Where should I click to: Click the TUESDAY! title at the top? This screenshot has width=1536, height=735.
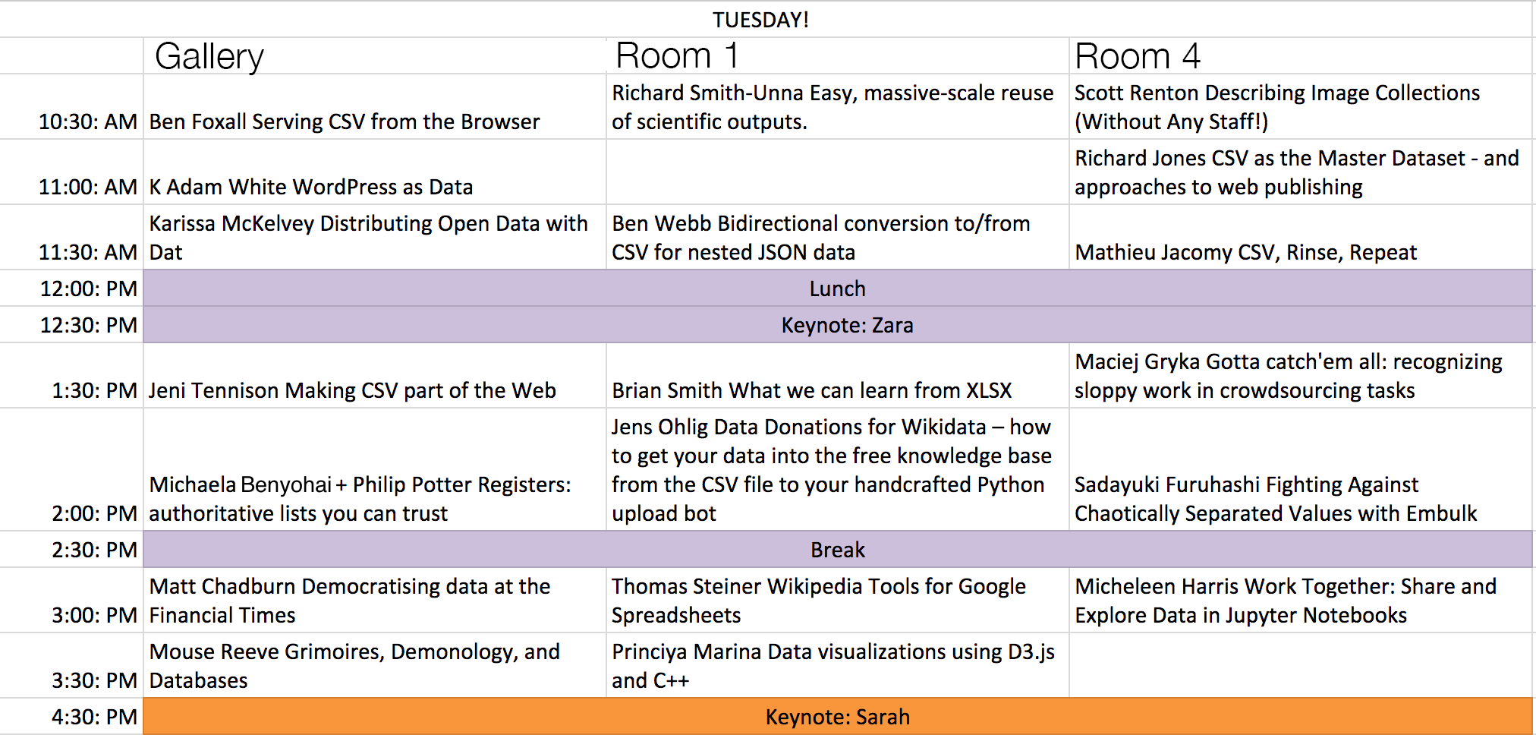pos(760,20)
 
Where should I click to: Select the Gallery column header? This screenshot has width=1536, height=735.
pos(209,57)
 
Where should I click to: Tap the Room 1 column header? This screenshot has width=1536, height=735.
pos(676,55)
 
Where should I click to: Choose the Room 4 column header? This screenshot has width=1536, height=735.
pos(1138,56)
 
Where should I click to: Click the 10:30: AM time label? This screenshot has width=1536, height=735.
pos(88,121)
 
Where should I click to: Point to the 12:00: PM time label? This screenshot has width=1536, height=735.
pos(89,289)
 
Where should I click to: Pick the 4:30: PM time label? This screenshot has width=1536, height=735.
pos(94,717)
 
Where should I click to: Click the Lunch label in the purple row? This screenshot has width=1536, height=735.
pos(837,289)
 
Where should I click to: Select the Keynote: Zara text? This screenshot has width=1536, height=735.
pos(847,325)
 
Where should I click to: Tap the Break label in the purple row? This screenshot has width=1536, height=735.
pos(837,550)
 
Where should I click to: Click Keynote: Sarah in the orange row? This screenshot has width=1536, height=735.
pos(837,717)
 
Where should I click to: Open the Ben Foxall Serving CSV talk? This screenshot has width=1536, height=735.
pos(345,121)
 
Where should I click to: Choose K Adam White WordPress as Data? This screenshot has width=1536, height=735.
pos(311,187)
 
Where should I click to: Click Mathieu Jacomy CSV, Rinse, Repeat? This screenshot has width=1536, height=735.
pos(1245,252)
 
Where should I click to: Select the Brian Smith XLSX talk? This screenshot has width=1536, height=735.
pos(812,390)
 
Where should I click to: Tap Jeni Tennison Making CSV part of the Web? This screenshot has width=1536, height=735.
pos(352,390)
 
